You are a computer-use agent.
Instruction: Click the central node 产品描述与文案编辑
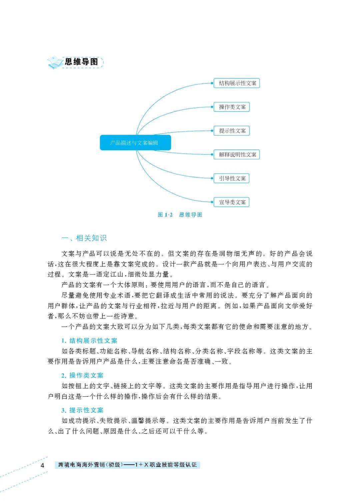point(135,143)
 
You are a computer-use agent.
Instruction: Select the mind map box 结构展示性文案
point(237,83)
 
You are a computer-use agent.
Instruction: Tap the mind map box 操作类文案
point(232,107)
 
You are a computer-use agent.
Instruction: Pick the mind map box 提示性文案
point(232,131)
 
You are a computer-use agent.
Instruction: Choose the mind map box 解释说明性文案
point(237,155)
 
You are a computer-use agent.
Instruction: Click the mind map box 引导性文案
point(232,179)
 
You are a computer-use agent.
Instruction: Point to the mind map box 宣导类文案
point(232,202)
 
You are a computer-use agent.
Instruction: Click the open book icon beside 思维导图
point(55,62)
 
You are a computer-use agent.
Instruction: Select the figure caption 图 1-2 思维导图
point(180,215)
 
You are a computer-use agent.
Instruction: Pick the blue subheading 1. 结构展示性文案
point(89,341)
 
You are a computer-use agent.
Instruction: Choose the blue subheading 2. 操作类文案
point(82,375)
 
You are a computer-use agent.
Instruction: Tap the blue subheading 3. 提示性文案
point(82,410)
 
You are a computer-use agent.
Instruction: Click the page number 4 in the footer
point(42,465)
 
